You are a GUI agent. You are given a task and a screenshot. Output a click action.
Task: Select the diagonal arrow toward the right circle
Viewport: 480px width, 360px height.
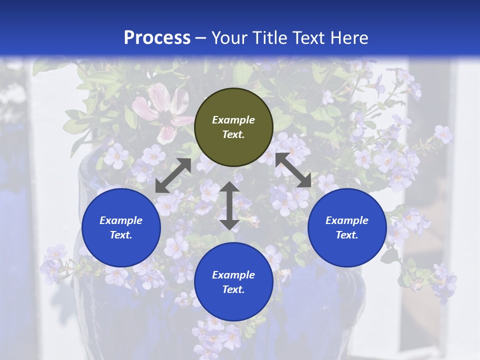293,170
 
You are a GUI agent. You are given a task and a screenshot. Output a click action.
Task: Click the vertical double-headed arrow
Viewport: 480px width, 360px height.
229,205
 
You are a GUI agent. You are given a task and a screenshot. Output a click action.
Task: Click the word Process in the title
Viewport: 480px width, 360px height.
157,37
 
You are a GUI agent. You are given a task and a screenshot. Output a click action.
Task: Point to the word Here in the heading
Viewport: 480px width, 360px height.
349,37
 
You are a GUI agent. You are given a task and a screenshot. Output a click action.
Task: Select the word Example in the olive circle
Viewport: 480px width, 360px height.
233,120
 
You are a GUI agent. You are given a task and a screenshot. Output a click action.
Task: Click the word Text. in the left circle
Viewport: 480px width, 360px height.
121,235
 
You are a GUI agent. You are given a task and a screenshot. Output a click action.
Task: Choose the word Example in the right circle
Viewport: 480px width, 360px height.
347,220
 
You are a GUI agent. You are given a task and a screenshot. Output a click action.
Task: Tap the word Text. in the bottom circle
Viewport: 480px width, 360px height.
233,289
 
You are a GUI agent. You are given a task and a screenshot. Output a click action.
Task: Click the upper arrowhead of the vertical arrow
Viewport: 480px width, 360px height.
229,187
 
